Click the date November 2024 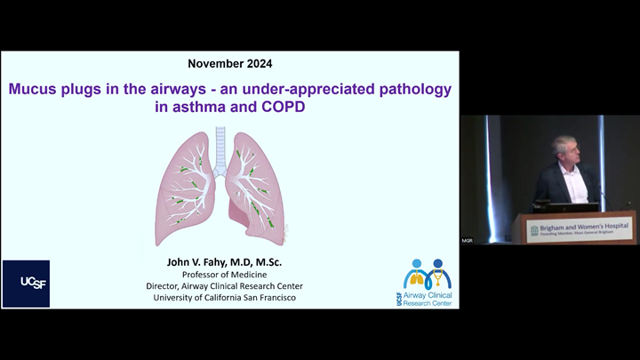[x=230, y=64]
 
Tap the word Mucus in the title [x=35, y=90]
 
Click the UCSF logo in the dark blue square [x=25, y=283]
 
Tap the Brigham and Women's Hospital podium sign [x=578, y=229]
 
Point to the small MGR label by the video [x=467, y=241]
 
